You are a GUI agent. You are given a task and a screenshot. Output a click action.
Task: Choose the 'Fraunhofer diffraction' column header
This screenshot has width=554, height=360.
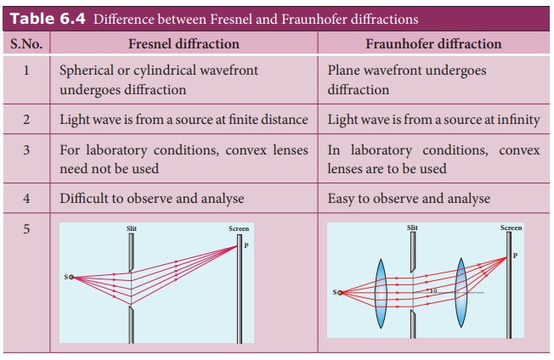[x=433, y=43]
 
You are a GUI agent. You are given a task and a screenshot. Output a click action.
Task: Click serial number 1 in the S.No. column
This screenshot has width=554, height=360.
[x=26, y=70]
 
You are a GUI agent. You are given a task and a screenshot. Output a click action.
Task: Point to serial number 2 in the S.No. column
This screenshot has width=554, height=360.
[x=26, y=120]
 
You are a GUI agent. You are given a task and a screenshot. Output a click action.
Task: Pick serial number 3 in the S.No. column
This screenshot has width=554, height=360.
[x=26, y=150]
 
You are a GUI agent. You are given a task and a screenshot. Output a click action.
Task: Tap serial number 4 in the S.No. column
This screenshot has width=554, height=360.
[x=26, y=199]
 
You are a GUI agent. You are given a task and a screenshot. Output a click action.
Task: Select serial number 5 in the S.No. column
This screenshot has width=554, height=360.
[x=26, y=229]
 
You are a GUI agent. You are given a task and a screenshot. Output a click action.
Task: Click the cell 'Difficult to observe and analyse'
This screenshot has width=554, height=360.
[x=151, y=199]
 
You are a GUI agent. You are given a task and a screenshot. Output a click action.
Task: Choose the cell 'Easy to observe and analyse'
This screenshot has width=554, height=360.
[x=409, y=199]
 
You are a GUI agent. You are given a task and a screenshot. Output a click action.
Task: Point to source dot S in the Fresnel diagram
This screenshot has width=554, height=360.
[x=71, y=277]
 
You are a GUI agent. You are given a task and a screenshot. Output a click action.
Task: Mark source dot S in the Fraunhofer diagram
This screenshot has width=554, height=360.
[x=340, y=293]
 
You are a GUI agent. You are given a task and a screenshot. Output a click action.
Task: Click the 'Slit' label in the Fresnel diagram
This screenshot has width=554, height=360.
[x=131, y=229]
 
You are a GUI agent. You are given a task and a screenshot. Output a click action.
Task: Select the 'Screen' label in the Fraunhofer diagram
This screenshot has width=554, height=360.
[x=511, y=228]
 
